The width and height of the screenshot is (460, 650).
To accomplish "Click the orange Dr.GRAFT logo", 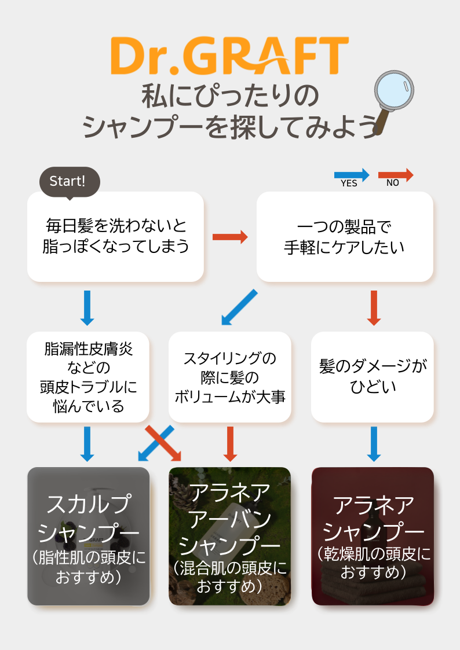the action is (x=229, y=56).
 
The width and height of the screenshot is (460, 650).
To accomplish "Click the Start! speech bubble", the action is (x=70, y=182).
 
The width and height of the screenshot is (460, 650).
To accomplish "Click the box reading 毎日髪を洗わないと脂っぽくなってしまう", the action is (x=115, y=236).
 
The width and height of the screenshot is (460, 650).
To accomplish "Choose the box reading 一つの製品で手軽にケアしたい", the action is (x=345, y=236).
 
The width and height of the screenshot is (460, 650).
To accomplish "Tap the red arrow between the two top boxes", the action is (x=230, y=237).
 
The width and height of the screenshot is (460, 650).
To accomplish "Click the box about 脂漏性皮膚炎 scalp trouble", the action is (x=88, y=377).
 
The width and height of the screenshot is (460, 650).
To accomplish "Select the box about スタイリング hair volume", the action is (x=230, y=377).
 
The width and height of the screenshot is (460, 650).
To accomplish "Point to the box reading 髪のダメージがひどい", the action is (x=372, y=377).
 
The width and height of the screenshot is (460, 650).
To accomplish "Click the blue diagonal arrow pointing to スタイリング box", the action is (x=239, y=307).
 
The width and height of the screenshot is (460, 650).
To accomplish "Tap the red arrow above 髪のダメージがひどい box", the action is (x=374, y=308).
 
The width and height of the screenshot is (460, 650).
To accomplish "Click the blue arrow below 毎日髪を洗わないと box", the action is (x=87, y=308).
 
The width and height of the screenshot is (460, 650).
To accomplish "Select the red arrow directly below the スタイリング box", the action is (x=230, y=444).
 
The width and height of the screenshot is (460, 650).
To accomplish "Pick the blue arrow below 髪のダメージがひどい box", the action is (x=374, y=444).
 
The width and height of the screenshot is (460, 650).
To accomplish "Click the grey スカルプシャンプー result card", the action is (x=88, y=536).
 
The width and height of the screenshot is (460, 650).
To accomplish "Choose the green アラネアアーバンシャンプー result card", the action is (x=230, y=536).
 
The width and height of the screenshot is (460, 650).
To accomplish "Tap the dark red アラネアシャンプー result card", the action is (x=373, y=536).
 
